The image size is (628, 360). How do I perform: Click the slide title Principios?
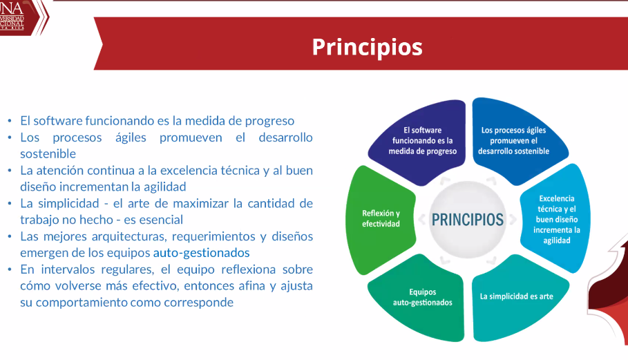(368, 47)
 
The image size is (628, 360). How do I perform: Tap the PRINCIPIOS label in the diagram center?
(468, 220)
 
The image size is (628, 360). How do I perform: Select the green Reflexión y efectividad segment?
(380, 219)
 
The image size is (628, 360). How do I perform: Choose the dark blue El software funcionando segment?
(418, 141)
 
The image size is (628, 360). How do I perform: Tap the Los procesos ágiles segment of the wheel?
(518, 140)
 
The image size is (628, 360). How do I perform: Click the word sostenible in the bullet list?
(48, 154)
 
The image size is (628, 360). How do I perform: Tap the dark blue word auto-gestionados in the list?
(202, 253)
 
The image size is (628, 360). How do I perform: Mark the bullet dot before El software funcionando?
(10, 121)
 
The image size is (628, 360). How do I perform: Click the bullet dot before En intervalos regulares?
(10, 269)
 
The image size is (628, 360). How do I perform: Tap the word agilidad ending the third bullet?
(164, 187)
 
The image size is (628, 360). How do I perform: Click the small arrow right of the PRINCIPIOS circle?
(513, 220)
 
